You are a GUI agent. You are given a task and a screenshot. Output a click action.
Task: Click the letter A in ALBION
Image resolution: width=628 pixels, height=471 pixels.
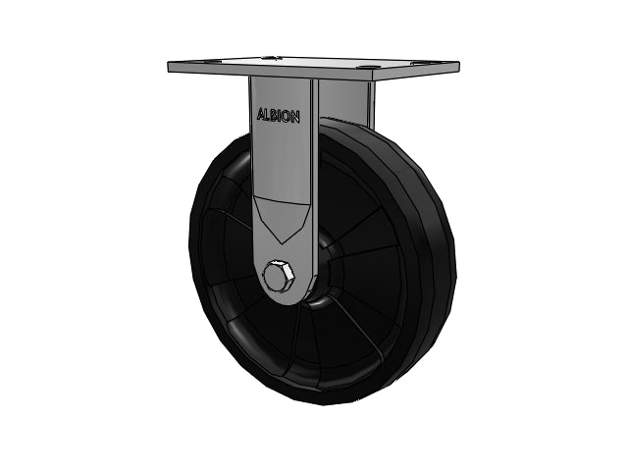[x=261, y=115]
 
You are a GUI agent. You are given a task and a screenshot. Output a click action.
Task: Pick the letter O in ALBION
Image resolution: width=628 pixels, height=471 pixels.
[x=287, y=117]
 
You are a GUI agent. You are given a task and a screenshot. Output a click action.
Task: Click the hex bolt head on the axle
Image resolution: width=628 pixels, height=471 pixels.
[x=278, y=277]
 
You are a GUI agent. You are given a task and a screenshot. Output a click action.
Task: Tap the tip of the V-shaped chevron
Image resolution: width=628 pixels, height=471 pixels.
[x=283, y=243]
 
